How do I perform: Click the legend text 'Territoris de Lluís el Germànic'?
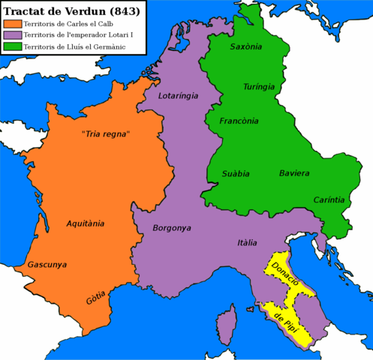coord(72,47)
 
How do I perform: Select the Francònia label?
coord(239,121)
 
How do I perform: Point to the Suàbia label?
coord(236,173)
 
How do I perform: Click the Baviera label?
coord(294,173)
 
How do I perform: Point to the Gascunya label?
coord(47,265)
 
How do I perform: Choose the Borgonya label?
coord(173,227)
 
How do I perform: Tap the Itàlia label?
coord(247,243)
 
